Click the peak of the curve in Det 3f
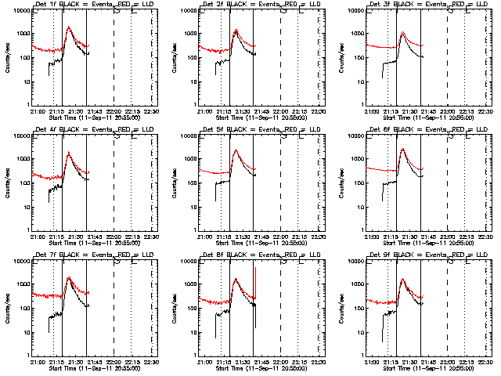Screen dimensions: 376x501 click(402, 33)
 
